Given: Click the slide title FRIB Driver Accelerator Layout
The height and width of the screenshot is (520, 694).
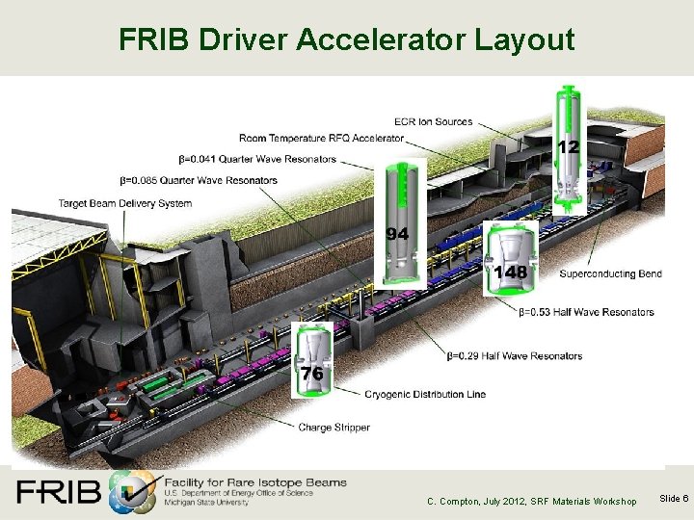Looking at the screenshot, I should pyautogui.click(x=346, y=39).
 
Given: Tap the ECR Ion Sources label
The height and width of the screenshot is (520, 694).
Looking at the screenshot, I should pyautogui.click(x=433, y=122).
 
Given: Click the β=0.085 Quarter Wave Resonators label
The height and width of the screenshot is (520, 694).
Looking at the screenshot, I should pyautogui.click(x=199, y=180).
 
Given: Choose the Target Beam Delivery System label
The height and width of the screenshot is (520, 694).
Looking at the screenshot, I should pyautogui.click(x=125, y=203).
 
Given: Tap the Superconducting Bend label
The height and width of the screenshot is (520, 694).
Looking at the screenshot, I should pyautogui.click(x=610, y=274).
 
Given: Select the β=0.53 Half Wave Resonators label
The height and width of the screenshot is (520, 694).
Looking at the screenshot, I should pyautogui.click(x=586, y=312).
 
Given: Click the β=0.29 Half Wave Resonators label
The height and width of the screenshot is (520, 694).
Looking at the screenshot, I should pyautogui.click(x=515, y=356).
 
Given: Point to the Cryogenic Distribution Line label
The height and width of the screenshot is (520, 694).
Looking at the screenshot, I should pyautogui.click(x=425, y=394).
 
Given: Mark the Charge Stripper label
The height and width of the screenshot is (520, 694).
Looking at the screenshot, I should pyautogui.click(x=334, y=428).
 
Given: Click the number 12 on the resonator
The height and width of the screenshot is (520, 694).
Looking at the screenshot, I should pyautogui.click(x=569, y=146).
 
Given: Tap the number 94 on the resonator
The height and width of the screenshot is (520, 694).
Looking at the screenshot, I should pyautogui.click(x=397, y=234).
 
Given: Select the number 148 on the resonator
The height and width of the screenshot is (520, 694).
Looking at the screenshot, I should pyautogui.click(x=510, y=273).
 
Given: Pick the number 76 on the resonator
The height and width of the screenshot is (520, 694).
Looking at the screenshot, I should pyautogui.click(x=312, y=373).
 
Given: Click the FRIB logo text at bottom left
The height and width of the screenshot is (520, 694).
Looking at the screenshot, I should pyautogui.click(x=58, y=491).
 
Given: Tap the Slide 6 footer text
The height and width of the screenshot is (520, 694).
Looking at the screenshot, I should pyautogui.click(x=672, y=498).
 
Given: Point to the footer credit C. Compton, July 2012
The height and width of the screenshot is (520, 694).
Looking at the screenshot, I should pyautogui.click(x=532, y=501).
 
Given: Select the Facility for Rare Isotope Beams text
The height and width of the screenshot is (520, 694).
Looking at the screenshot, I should pyautogui.click(x=255, y=481).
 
